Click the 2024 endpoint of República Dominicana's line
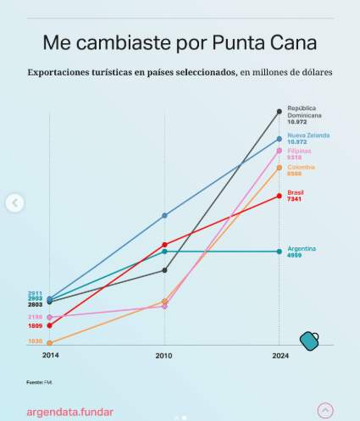280,111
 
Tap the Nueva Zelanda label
307,135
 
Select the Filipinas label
299,151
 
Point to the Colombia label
301,167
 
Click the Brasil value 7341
295,199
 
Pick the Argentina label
302,248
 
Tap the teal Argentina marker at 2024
280,252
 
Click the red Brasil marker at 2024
280,196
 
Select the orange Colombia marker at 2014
50,343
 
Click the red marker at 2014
50,325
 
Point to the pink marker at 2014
50,317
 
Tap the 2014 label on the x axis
50,356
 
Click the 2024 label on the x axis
280,356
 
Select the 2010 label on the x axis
164,356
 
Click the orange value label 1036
35,341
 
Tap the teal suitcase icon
309,341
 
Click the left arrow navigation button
14,202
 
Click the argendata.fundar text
69,412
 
